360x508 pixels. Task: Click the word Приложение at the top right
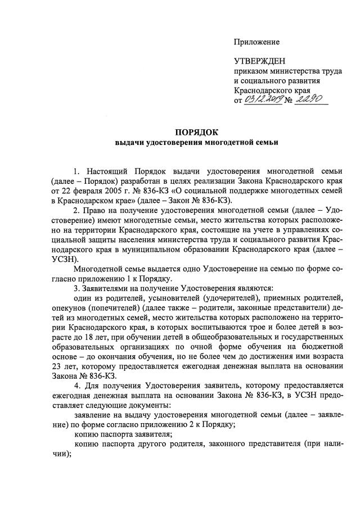click(256, 42)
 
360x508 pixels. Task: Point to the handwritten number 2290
click(312, 99)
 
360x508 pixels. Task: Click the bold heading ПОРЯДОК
click(196, 133)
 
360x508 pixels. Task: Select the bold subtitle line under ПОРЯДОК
click(196, 143)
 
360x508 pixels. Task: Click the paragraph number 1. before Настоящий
click(76, 170)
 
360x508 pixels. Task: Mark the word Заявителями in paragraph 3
click(109, 287)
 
